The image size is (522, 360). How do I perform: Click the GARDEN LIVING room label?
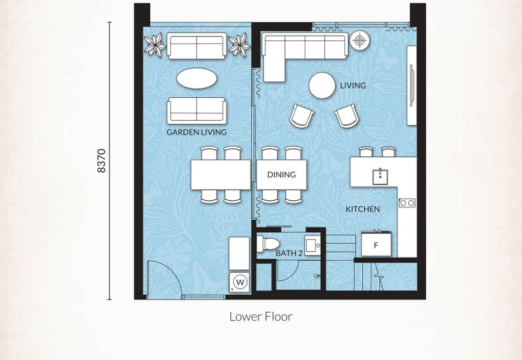(x=196, y=132)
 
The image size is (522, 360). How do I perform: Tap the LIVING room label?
(x=352, y=85)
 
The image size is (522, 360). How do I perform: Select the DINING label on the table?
(x=281, y=174)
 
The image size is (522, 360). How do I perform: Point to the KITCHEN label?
(x=363, y=209)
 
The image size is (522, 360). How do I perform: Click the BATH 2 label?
(x=289, y=253)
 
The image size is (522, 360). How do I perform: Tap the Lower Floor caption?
(x=260, y=316)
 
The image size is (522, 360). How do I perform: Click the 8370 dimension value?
(x=102, y=160)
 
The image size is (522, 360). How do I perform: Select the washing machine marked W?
(x=239, y=283)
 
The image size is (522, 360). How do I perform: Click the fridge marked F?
(x=376, y=244)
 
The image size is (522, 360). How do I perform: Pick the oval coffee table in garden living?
(x=197, y=78)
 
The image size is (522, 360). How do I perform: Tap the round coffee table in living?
(x=322, y=86)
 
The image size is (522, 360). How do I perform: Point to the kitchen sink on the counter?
(x=380, y=176)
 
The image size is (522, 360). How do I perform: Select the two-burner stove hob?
(x=407, y=202)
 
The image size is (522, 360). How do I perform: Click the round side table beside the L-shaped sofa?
(x=360, y=40)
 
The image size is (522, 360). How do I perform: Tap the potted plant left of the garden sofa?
(x=155, y=44)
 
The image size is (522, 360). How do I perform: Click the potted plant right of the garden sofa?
(x=239, y=45)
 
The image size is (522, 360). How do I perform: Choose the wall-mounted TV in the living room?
(x=412, y=85)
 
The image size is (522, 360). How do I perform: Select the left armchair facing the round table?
(x=301, y=116)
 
